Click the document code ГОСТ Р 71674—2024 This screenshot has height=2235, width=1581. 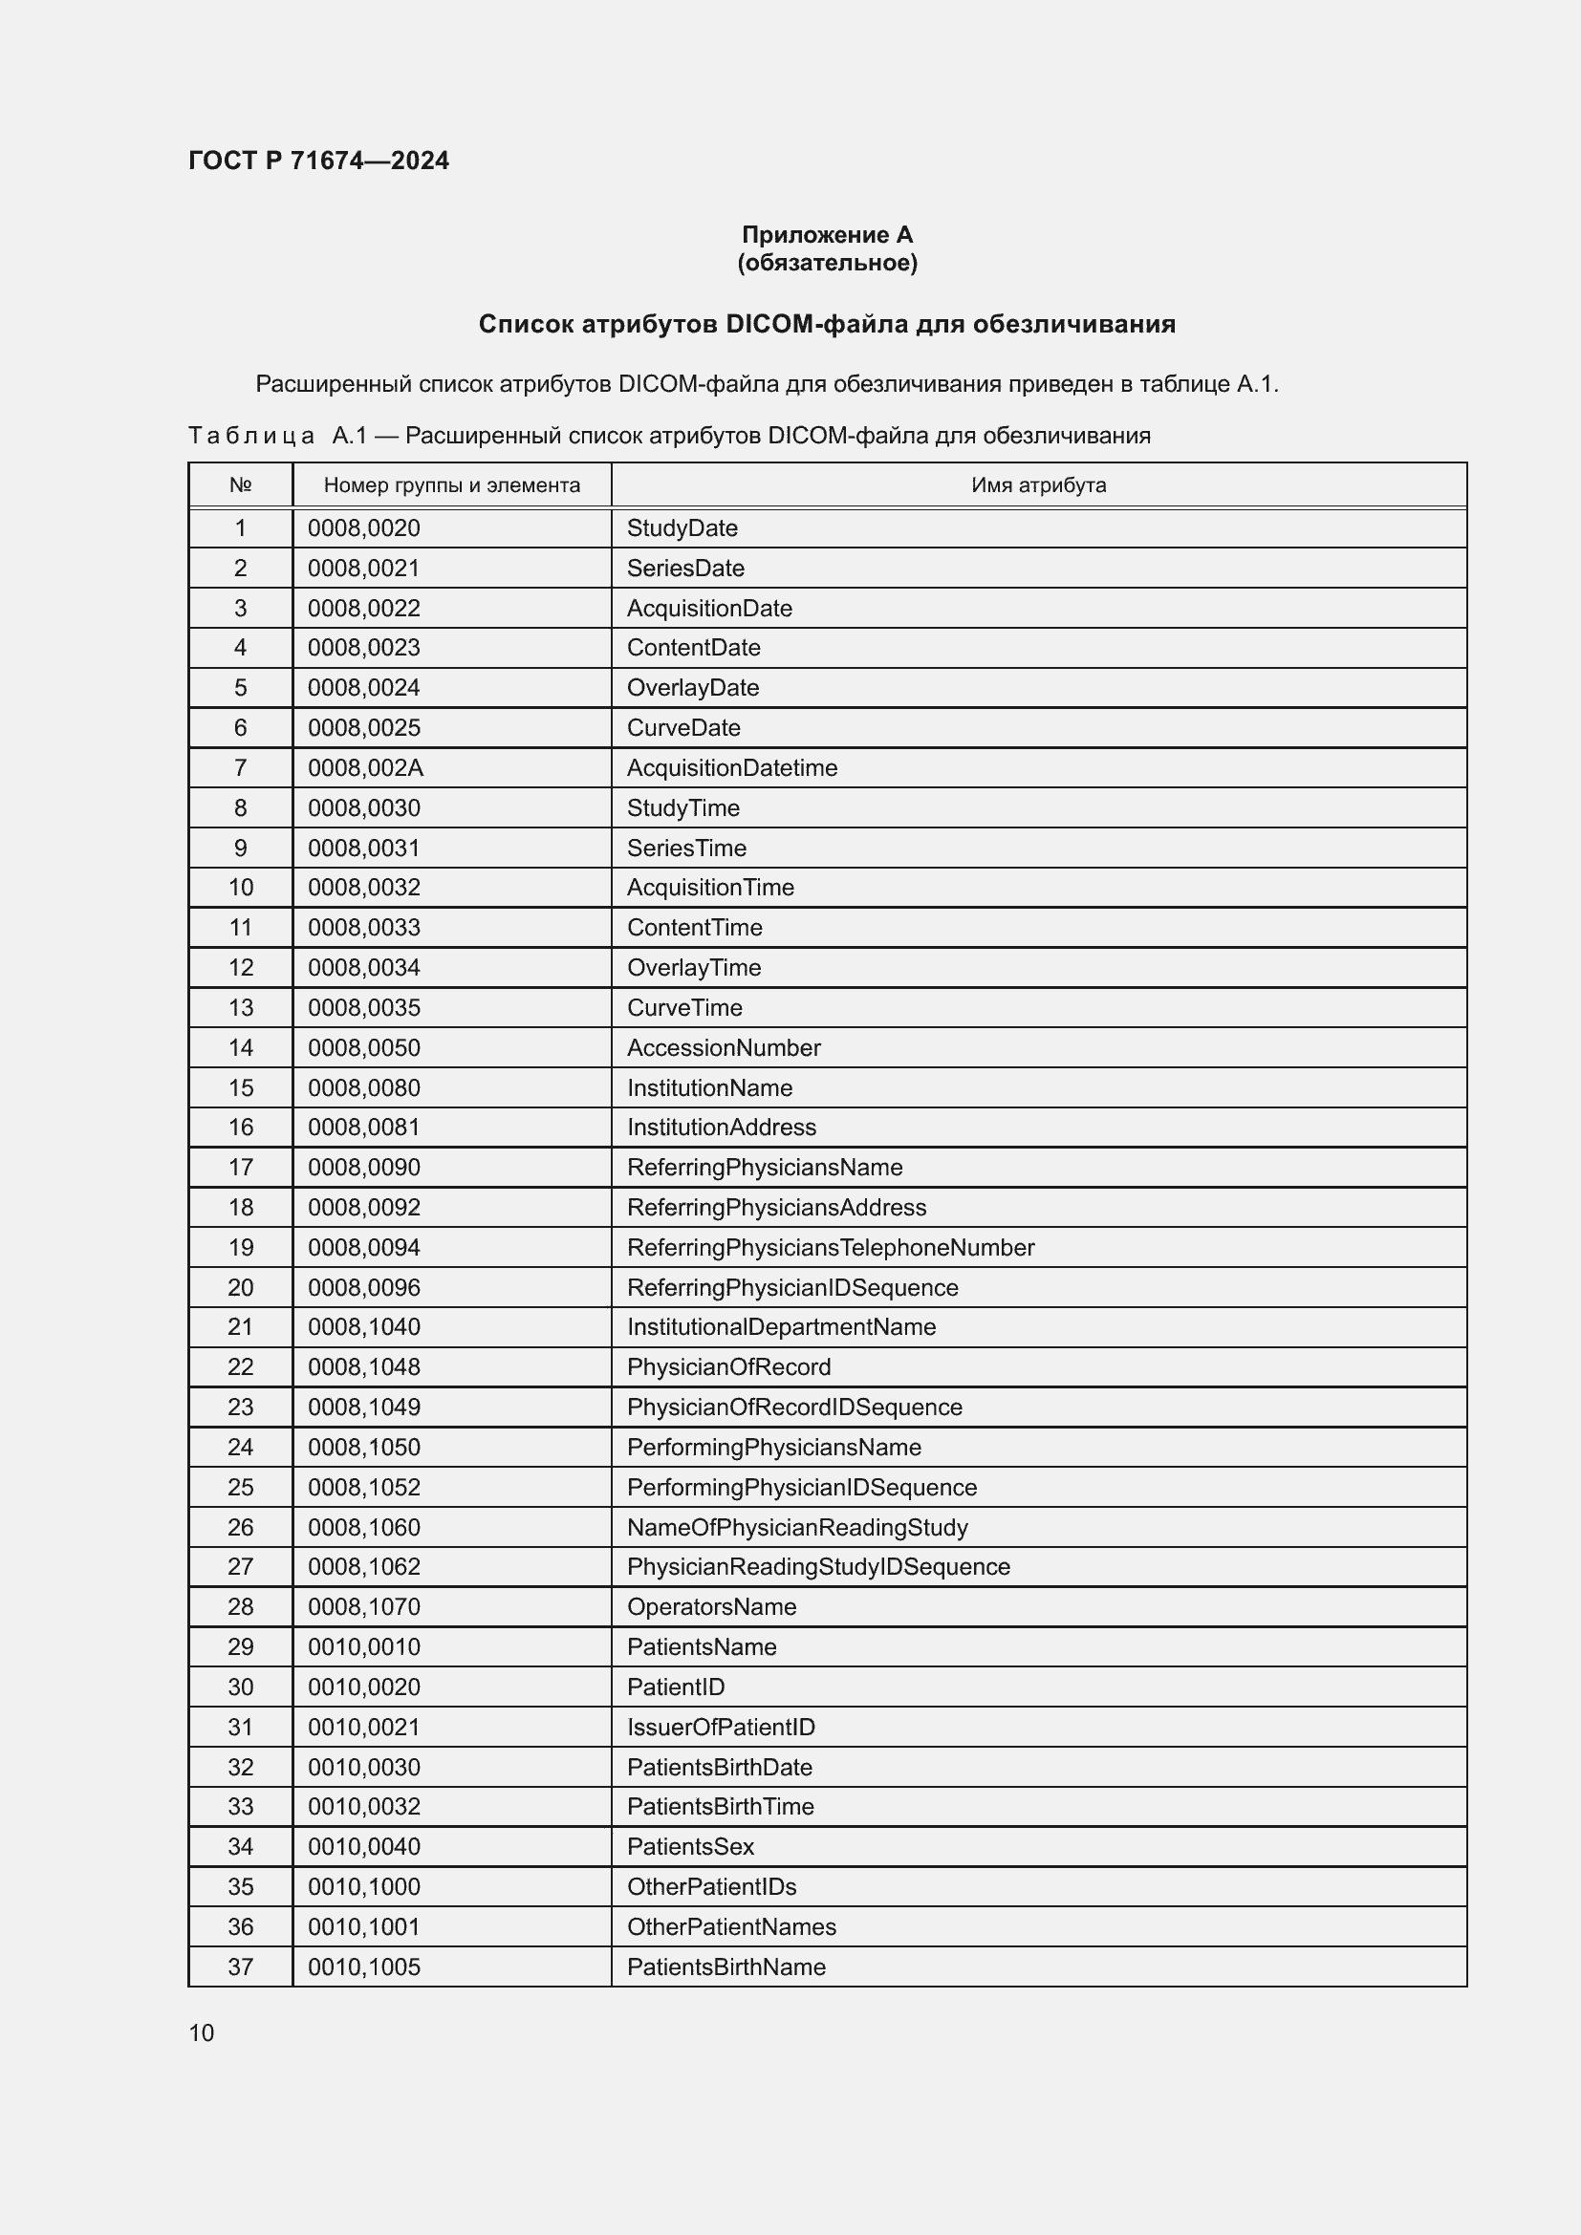(318, 161)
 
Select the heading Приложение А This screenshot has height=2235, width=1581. (827, 235)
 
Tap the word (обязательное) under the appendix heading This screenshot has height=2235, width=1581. (827, 263)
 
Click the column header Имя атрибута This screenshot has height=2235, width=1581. (1038, 484)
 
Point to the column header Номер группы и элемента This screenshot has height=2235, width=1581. (452, 484)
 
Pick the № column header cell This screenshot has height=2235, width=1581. (241, 484)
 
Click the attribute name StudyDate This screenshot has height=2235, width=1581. (682, 528)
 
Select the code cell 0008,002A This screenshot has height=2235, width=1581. (365, 768)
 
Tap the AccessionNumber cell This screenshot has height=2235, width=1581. (724, 1047)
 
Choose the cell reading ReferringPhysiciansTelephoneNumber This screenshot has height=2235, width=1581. (831, 1247)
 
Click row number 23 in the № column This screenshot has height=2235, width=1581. (241, 1407)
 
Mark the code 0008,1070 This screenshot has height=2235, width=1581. (364, 1606)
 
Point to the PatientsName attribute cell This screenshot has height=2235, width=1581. (702, 1646)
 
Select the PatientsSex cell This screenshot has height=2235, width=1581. (690, 1846)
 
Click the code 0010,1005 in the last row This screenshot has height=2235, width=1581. (364, 1966)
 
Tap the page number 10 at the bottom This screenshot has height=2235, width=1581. (202, 2032)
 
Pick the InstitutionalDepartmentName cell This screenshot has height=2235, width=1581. (781, 1327)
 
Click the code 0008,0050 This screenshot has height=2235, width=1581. (364, 1047)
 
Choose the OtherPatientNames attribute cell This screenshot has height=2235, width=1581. (731, 1926)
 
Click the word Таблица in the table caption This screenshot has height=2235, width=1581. (251, 435)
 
